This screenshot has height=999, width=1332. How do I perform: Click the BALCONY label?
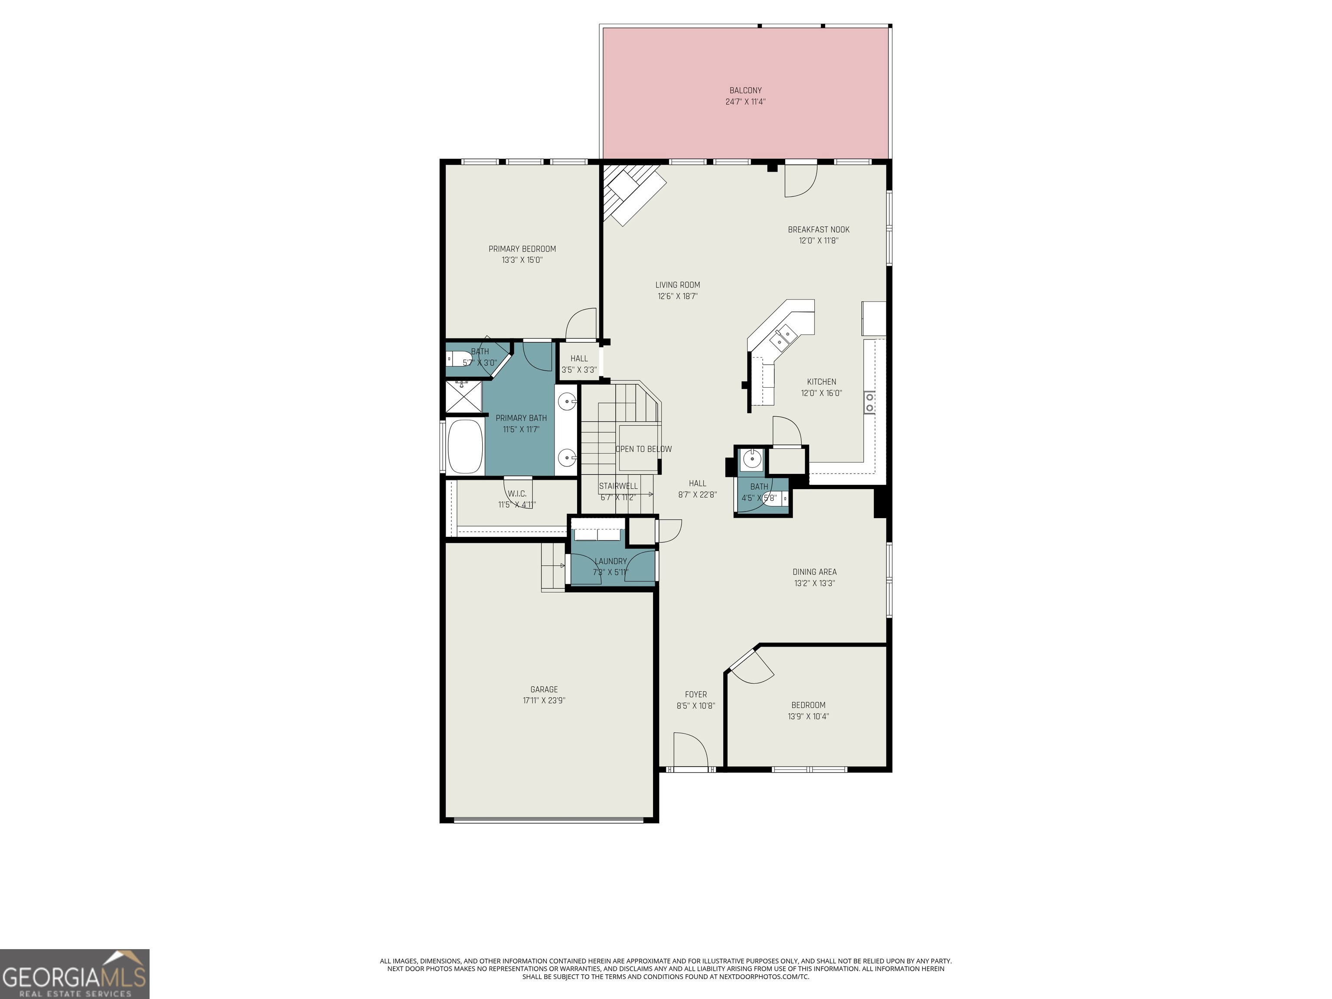(745, 90)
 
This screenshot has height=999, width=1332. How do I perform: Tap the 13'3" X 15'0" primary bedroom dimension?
(522, 260)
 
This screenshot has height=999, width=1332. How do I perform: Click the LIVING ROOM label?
(677, 285)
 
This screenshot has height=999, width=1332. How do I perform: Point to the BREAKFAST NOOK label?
(818, 229)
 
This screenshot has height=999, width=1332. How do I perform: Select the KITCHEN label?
(821, 382)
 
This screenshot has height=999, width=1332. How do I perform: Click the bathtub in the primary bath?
(464, 446)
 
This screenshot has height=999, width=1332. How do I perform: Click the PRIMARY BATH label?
(521, 418)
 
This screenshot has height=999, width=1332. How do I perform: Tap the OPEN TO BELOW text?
(643, 449)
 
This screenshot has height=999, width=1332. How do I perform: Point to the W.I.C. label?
(517, 494)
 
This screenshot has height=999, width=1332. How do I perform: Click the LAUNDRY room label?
(610, 561)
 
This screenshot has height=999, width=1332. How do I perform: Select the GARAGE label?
(544, 689)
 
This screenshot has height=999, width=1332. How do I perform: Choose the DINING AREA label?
(814, 572)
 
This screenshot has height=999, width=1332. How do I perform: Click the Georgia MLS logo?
(75, 974)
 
